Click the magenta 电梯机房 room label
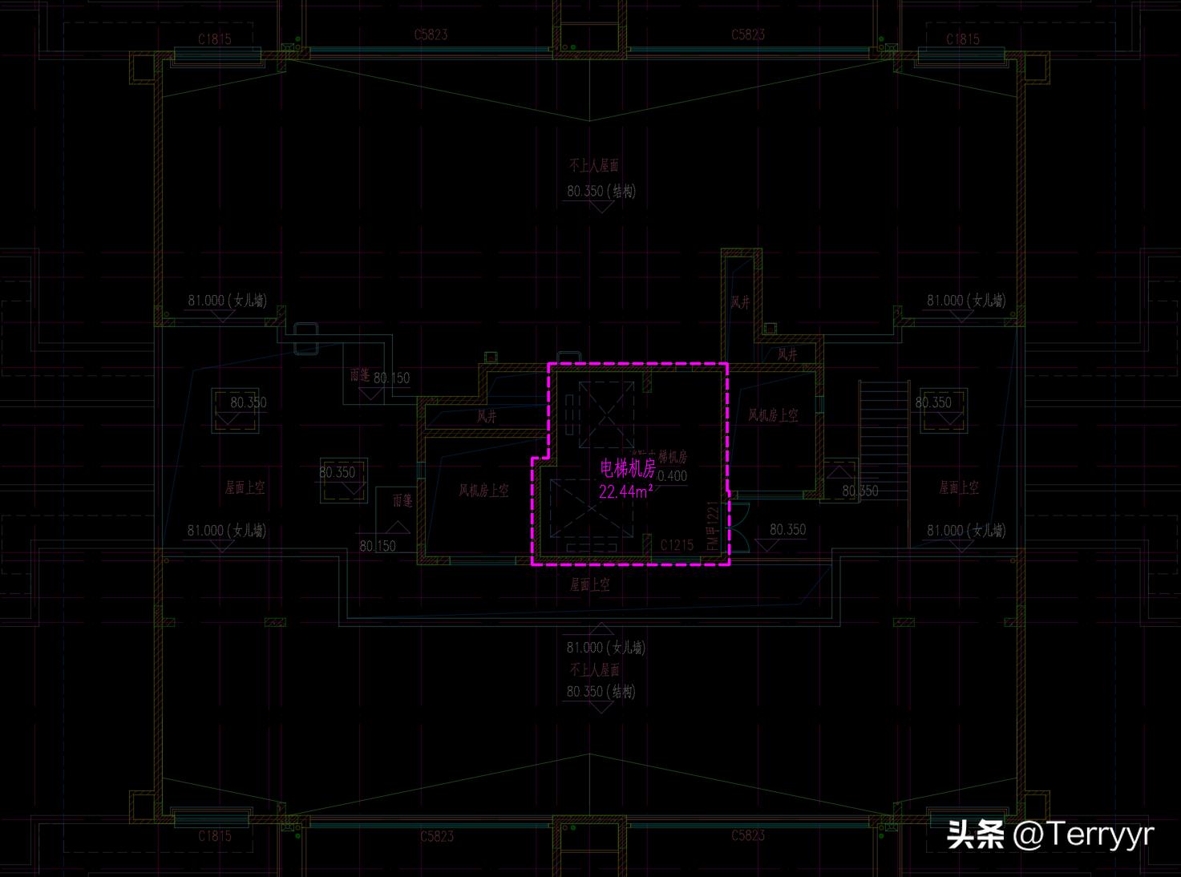[628, 469]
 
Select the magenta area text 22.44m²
[625, 491]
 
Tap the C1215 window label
[677, 545]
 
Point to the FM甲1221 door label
[713, 526]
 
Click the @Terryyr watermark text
[1082, 835]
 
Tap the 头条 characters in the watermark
[976, 835]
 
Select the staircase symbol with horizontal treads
[884, 433]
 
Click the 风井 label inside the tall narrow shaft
[740, 302]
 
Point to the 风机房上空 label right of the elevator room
[773, 415]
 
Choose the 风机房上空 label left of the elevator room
[483, 490]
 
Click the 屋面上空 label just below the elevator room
[589, 584]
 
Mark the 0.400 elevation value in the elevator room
[672, 475]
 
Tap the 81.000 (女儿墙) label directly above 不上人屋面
[605, 647]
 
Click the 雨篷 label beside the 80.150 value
[360, 374]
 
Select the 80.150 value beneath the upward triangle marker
[378, 546]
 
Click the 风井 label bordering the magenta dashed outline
[487, 416]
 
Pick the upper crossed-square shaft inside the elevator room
[606, 414]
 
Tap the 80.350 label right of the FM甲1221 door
[787, 529]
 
